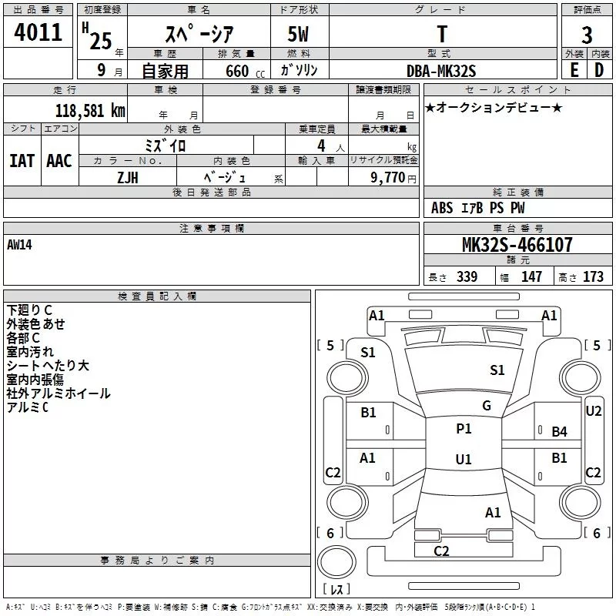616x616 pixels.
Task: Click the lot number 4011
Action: point(38,32)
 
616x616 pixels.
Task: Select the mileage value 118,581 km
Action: point(90,111)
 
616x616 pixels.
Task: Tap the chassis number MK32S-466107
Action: point(517,245)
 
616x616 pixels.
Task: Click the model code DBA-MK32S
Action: point(441,71)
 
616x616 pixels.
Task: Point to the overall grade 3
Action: point(587,35)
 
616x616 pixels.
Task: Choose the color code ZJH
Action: point(128,178)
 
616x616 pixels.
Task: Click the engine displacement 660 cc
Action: point(245,72)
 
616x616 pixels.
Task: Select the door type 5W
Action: point(298,34)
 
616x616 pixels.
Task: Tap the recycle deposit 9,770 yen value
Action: point(393,178)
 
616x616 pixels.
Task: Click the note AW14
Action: point(19,245)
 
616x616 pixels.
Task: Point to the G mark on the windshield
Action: point(487,406)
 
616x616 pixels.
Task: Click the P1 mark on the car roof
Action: point(464,429)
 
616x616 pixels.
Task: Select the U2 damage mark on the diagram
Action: point(594,411)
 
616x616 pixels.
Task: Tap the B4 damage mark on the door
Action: point(560,432)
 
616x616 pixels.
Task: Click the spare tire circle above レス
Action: point(336,562)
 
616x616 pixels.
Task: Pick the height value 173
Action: point(593,276)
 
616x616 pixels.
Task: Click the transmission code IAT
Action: point(22,161)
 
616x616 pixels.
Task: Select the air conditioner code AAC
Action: point(59,161)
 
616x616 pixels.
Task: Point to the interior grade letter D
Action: point(599,70)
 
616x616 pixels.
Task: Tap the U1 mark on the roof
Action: point(464,459)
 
